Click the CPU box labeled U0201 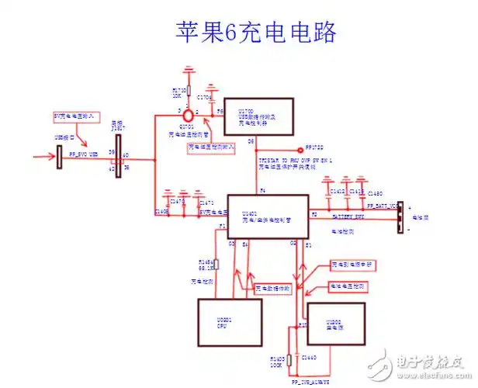pos(231,324)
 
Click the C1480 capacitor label pos(375,192)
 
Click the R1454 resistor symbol pos(216,265)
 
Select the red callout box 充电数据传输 pos(272,287)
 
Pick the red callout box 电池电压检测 pos(347,286)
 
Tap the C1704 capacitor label pos(204,99)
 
